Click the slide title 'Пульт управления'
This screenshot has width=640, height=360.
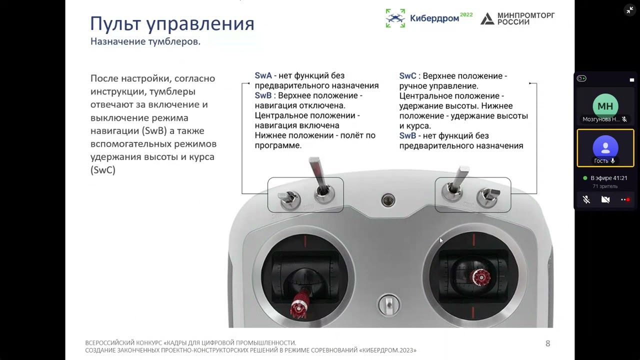(x=172, y=23)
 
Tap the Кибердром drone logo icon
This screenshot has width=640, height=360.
(x=395, y=18)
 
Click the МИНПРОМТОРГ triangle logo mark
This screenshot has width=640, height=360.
(x=487, y=19)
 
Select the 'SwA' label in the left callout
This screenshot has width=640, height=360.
(x=263, y=75)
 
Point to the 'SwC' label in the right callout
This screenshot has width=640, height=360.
(x=407, y=76)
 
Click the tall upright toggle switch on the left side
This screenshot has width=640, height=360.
(x=320, y=179)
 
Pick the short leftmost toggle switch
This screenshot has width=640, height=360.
(x=289, y=199)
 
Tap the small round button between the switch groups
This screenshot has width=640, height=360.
(x=388, y=200)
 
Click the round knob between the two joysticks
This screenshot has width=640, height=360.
(x=389, y=305)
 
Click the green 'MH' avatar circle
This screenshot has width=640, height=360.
(x=605, y=106)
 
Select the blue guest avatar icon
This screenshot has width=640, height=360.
(x=605, y=147)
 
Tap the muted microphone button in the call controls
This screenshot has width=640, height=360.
(x=586, y=199)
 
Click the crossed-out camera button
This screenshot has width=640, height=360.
(x=605, y=199)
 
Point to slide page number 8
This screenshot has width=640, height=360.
(x=547, y=343)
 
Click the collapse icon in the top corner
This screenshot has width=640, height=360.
(x=630, y=10)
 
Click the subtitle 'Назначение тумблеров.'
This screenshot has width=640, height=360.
(x=145, y=41)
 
